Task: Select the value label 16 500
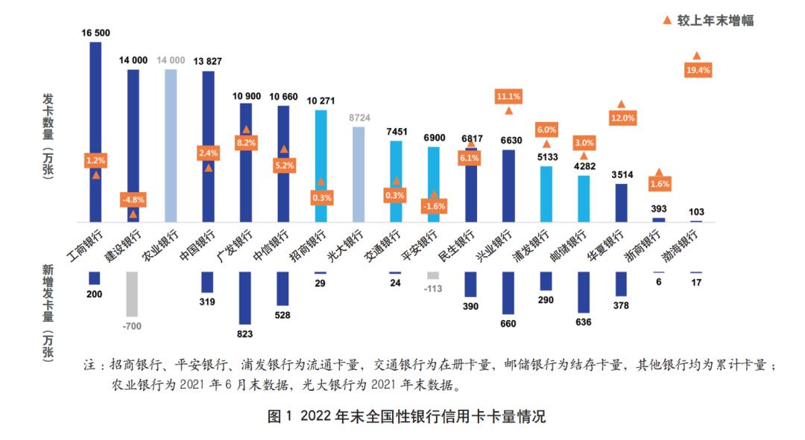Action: (95, 33)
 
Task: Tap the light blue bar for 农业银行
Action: (171, 145)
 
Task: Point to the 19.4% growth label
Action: (698, 70)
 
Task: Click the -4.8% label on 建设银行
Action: (133, 200)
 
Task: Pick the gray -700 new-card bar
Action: (133, 294)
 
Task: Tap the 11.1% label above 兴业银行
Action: (508, 96)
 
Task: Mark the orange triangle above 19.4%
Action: (697, 56)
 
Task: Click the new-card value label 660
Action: (508, 324)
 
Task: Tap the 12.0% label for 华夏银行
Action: (622, 118)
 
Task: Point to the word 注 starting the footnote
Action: (89, 366)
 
